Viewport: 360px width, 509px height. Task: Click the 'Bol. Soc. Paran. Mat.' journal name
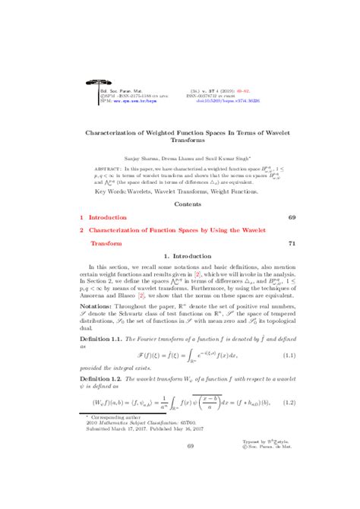[x=118, y=89]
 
